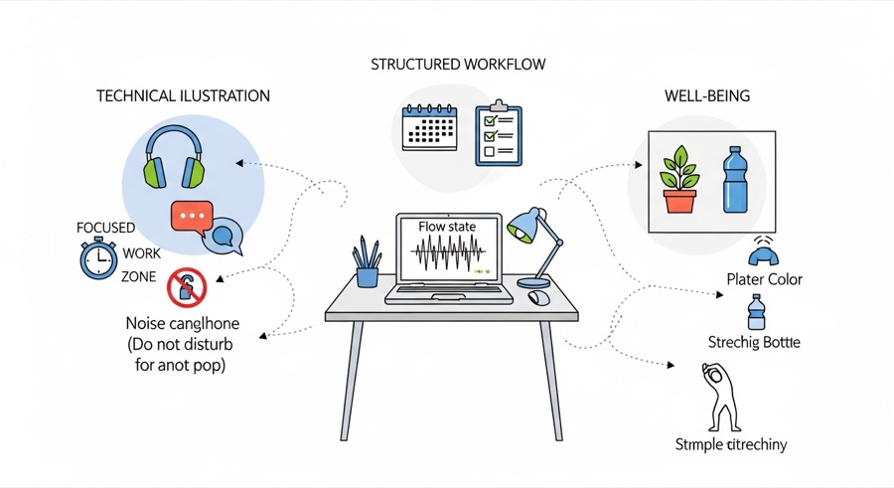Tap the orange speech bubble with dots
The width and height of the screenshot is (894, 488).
(x=191, y=216)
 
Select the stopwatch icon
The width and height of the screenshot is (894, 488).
(x=99, y=259)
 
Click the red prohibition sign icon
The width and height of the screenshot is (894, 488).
(x=186, y=288)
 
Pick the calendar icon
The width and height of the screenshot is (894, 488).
(x=430, y=128)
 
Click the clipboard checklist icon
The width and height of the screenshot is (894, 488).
(x=499, y=133)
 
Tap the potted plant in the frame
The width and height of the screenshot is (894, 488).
(x=680, y=180)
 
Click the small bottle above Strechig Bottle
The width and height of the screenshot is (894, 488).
(x=754, y=312)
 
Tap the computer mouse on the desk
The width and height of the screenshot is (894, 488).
(x=539, y=296)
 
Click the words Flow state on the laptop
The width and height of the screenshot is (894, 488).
(x=447, y=227)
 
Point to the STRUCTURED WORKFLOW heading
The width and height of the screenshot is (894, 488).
(x=458, y=65)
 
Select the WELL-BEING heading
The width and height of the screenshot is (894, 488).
(x=706, y=96)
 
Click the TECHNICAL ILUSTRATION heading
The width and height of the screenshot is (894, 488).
(x=183, y=96)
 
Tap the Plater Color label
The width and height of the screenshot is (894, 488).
(x=764, y=279)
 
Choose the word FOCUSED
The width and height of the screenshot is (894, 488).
(x=105, y=228)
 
